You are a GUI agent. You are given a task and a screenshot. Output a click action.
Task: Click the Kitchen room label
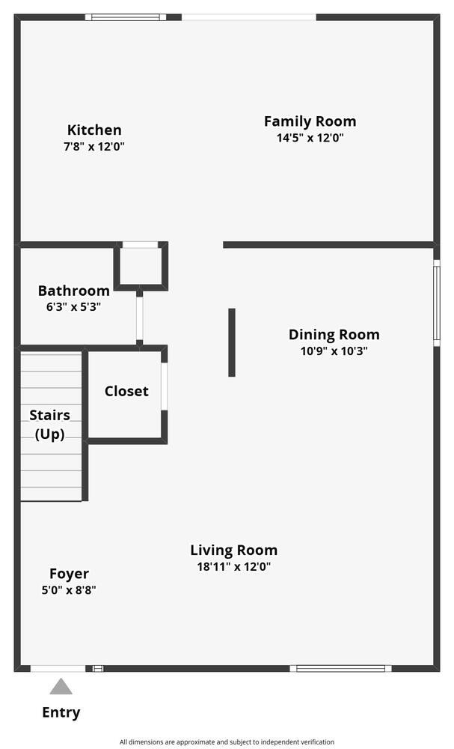coord(94,130)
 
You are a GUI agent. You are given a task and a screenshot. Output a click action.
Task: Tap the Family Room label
coord(310,121)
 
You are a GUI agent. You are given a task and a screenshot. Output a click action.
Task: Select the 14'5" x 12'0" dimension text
coord(310,138)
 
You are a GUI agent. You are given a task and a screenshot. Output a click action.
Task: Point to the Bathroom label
coord(74,291)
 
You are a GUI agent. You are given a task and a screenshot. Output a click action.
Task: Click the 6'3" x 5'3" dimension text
coord(73,306)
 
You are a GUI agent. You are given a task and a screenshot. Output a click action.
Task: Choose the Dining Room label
coord(334,334)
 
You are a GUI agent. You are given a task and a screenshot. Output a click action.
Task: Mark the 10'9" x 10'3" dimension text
coord(334,351)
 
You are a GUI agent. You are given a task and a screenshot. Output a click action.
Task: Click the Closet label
coord(126,391)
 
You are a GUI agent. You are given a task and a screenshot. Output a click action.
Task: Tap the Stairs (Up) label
coord(49,425)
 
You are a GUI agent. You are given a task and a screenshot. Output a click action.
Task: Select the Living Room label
coord(233,551)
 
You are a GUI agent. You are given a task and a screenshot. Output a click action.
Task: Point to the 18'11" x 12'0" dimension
coord(233,567)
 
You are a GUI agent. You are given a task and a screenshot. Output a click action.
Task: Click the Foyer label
coord(69,574)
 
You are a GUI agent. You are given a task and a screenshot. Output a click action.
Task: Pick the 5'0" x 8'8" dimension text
coord(69,590)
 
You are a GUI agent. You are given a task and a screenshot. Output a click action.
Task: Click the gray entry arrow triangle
coord(61,688)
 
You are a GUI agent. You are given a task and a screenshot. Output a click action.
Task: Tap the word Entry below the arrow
coord(61,712)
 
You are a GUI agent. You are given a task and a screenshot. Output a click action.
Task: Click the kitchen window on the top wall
coord(126,17)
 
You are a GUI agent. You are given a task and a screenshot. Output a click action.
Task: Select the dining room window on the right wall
coord(436,303)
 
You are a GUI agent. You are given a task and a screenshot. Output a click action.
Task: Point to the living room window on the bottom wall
coord(340,668)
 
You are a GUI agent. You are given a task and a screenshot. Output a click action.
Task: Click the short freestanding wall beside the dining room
coord(232,342)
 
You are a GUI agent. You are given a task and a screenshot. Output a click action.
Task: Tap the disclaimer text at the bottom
coord(227,742)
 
